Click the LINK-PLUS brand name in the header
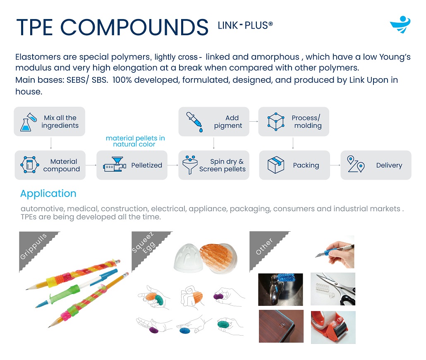click(245, 25)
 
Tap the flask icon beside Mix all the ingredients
click(28, 122)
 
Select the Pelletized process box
click(132, 165)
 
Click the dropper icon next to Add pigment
click(194, 122)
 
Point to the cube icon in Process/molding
click(276, 122)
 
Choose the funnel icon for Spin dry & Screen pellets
click(190, 165)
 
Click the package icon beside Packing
click(276, 165)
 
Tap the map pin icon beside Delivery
click(356, 164)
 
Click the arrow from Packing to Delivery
click(335, 165)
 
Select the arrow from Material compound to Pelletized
click(91, 165)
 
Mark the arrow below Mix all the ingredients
click(51, 143)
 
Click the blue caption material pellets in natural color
click(135, 141)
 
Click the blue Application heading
click(48, 193)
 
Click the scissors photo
click(333, 289)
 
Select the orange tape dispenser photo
click(333, 327)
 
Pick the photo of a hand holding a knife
click(335, 252)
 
